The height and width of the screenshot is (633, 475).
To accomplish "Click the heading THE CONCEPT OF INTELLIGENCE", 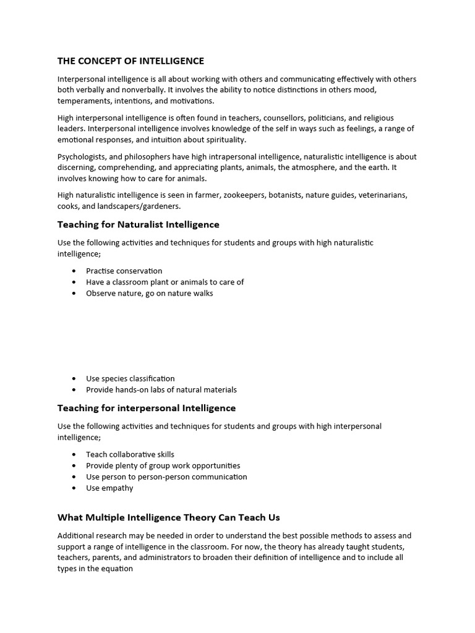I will coord(131,61).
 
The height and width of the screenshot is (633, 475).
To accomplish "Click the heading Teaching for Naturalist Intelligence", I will coord(138,224).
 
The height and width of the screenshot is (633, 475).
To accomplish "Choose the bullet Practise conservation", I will coord(124,271).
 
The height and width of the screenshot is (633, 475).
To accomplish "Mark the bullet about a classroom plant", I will coord(165,282).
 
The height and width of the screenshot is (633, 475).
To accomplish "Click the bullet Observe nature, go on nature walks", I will coord(149,293).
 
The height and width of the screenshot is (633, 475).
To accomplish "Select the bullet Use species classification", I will coord(130,378).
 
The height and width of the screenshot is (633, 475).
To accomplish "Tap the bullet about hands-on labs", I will coord(161,389).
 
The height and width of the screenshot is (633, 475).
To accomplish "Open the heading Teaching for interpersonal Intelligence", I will coord(147,408).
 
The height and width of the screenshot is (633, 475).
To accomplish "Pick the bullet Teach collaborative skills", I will coord(130,454).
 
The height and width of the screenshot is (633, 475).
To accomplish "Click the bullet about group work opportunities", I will coord(163,465).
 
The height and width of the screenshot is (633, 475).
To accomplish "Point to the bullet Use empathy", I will coord(109,488).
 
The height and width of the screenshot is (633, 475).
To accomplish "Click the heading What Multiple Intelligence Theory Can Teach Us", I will coord(168,517).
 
